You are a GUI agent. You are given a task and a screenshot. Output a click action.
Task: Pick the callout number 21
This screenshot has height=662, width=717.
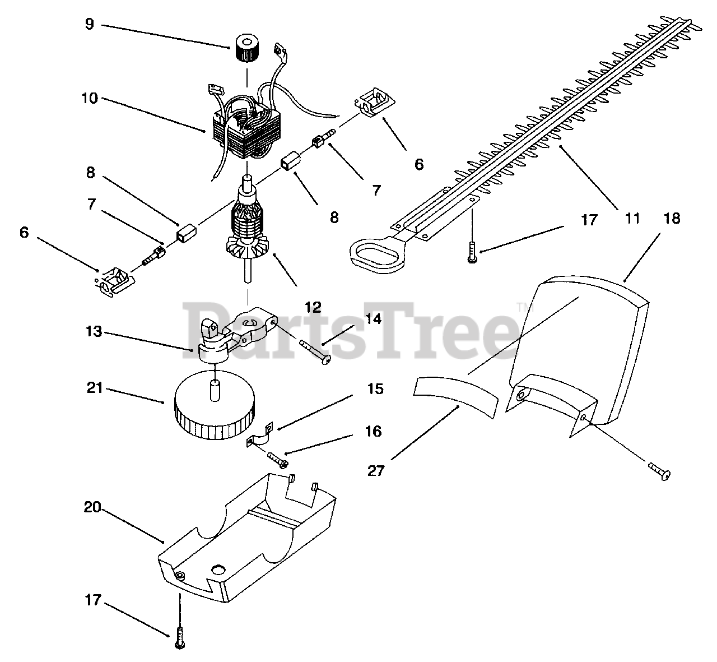point(95,387)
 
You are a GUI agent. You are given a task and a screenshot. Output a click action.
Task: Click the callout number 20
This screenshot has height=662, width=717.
point(92,507)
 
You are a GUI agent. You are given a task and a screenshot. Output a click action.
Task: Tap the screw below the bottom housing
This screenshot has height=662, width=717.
point(180,636)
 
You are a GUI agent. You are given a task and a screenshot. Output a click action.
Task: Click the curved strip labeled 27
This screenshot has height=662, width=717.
point(456,396)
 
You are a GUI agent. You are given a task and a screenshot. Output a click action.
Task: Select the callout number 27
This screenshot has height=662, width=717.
point(376,470)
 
